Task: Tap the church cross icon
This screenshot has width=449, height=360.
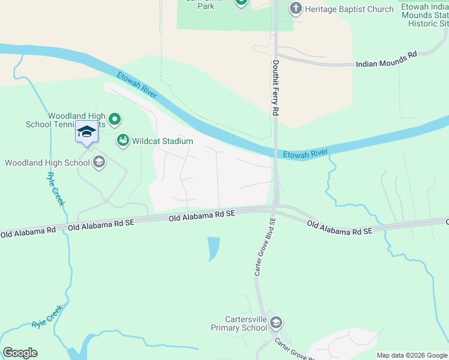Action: pyautogui.click(x=295, y=8)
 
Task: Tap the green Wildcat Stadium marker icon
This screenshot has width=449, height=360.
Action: pyautogui.click(x=122, y=140)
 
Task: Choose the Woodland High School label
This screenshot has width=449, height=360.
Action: pyautogui.click(x=47, y=163)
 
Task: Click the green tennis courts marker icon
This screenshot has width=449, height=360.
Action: pyautogui.click(x=115, y=119)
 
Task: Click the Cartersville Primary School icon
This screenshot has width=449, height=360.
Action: pyautogui.click(x=276, y=323)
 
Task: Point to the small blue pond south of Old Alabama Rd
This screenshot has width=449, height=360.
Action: pyautogui.click(x=212, y=248)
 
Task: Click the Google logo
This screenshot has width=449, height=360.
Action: pyautogui.click(x=20, y=353)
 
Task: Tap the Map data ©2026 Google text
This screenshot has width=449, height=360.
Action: pyautogui.click(x=411, y=355)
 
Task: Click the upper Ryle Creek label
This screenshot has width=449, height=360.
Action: pyautogui.click(x=55, y=189)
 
